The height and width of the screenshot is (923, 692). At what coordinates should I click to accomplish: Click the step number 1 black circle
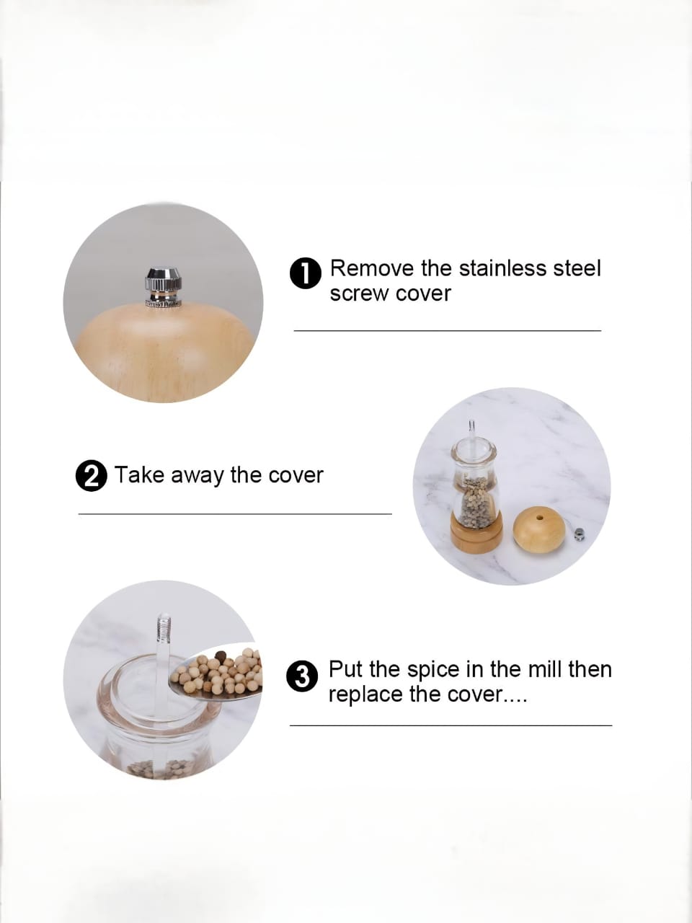pos(306,273)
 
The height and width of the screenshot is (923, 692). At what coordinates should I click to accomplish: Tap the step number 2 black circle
pos(91,476)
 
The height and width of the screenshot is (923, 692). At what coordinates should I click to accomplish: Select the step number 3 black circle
pos(302,676)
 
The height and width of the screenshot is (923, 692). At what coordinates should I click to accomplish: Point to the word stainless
pos(503,268)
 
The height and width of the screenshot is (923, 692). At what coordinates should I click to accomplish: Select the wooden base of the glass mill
pos(476,535)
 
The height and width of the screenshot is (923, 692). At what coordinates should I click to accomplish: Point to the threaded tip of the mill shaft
pos(164,628)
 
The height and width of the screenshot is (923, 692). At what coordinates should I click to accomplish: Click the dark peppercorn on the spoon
pos(221,656)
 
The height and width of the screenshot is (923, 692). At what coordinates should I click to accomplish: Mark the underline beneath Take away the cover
pos(235,514)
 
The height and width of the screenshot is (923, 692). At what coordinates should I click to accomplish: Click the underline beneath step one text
pos(448,331)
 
